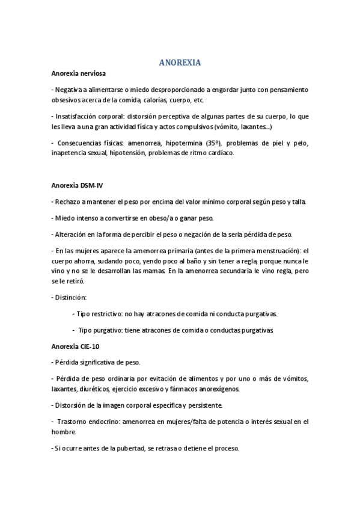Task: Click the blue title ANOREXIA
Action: (180, 63)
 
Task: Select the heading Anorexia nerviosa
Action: (79, 74)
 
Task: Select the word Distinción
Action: (71, 297)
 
